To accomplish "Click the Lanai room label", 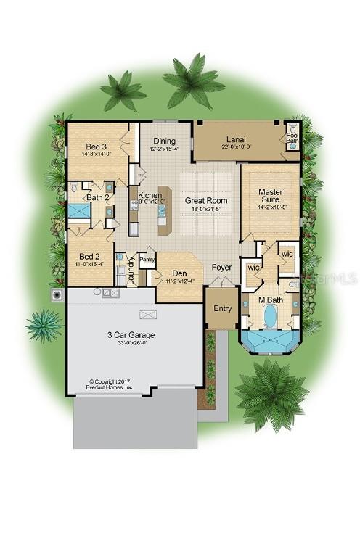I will (x=234, y=138).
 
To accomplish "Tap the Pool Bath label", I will (x=292, y=137).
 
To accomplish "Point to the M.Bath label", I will (x=270, y=300).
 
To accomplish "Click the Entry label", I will (x=222, y=308).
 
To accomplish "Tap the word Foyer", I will (x=221, y=267).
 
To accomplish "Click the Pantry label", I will (x=147, y=258).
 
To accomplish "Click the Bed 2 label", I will (x=89, y=256).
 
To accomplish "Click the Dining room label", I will (x=163, y=141).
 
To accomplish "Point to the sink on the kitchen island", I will (x=162, y=215).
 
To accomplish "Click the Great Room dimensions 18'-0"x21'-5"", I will (x=206, y=209).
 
